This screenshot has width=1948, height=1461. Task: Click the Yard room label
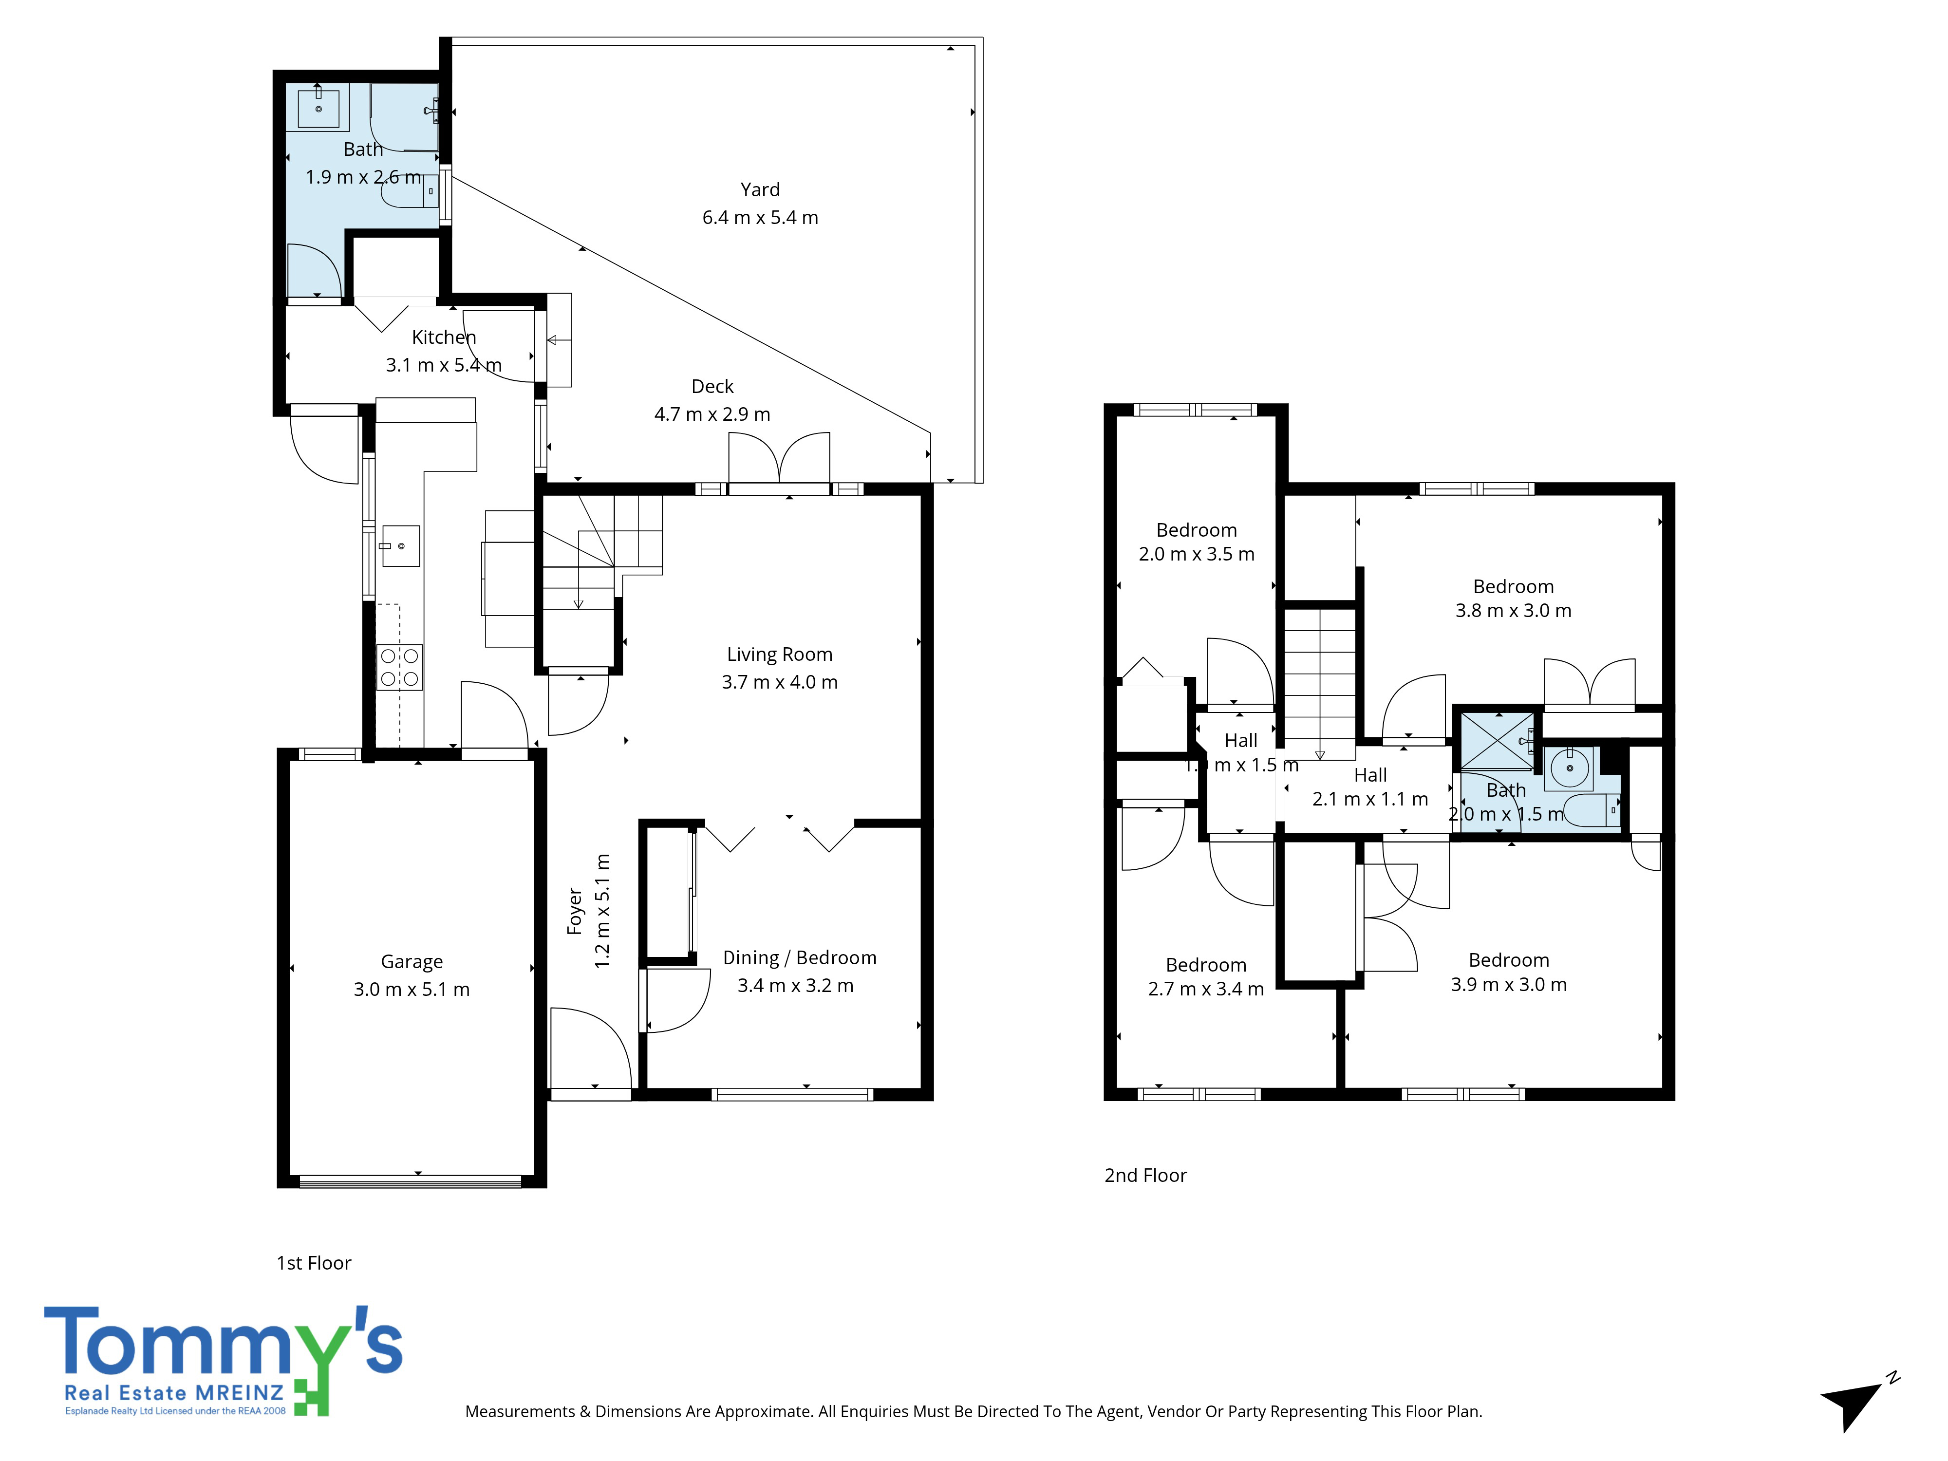pyautogui.click(x=760, y=189)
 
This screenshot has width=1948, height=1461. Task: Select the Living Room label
pyautogui.click(x=779, y=655)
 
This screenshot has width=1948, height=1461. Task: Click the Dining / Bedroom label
pyautogui.click(x=800, y=957)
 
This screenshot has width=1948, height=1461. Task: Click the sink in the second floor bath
pyautogui.click(x=1569, y=768)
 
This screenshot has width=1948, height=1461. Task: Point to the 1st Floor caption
pyautogui.click(x=314, y=1263)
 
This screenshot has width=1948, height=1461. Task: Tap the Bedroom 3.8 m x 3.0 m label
pyautogui.click(x=1513, y=598)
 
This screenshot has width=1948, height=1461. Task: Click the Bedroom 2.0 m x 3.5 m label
pyautogui.click(x=1196, y=542)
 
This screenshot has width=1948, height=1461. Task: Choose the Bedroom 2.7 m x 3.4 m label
pyautogui.click(x=1206, y=976)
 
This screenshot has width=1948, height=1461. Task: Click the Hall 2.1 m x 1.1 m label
pyautogui.click(x=1370, y=787)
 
